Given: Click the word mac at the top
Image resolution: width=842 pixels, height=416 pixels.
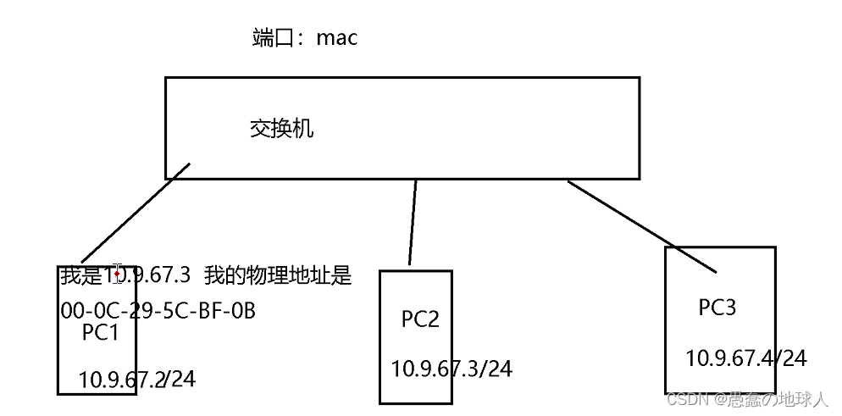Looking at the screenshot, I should (x=336, y=38).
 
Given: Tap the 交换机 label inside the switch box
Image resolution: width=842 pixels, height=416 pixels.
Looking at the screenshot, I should (x=282, y=129).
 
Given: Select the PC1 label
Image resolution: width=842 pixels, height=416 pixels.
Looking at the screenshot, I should (x=100, y=334).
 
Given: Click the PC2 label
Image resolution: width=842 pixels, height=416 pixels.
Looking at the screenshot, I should (x=420, y=319).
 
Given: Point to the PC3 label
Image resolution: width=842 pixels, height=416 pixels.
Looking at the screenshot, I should (x=717, y=308).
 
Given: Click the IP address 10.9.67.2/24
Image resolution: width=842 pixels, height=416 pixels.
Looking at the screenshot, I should (x=137, y=379).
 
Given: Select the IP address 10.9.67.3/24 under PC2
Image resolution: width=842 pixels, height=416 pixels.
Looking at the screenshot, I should (x=451, y=369).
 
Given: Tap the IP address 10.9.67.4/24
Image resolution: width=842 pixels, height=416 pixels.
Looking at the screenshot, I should (x=745, y=358).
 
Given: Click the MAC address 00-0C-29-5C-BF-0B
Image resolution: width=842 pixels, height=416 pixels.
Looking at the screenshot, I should (x=158, y=311).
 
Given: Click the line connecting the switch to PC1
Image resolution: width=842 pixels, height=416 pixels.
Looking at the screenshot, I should (x=136, y=214).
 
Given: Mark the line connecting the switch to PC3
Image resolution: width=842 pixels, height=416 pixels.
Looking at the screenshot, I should (x=641, y=225).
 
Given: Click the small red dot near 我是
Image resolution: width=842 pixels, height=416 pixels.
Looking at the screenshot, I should (x=116, y=275).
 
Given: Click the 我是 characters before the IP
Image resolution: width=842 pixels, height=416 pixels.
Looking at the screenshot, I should (x=80, y=276).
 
